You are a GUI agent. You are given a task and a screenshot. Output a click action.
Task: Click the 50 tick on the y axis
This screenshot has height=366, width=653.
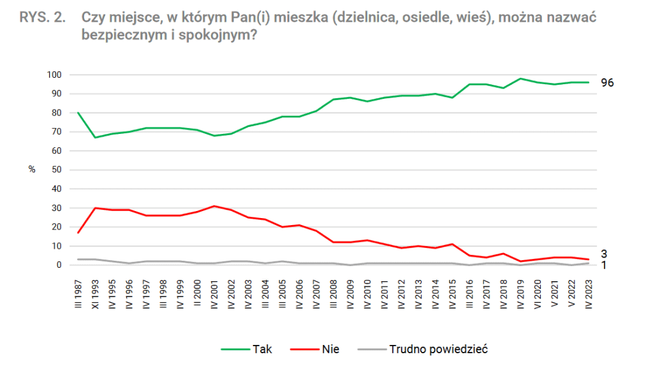coord(56,170)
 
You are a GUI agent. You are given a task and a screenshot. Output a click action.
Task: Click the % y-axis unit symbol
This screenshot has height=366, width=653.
coord(32,170)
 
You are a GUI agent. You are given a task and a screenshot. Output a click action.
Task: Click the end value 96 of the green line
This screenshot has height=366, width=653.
coord(607,83)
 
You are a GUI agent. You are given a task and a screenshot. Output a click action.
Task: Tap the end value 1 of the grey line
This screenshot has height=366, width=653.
coord(604,265)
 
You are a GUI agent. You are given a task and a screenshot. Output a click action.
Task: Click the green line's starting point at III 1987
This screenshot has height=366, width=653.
coord(78,113)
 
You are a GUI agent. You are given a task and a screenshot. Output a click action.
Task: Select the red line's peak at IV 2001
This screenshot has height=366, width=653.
coord(214,206)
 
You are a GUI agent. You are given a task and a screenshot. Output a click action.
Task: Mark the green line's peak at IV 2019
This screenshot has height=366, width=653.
coord(520,78)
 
